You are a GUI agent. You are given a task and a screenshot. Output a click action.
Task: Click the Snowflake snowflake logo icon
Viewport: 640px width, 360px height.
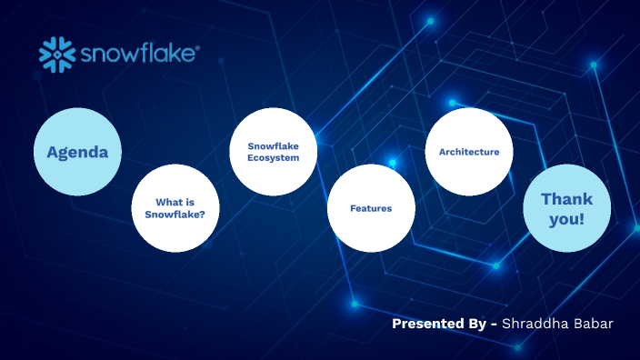[x=56, y=55]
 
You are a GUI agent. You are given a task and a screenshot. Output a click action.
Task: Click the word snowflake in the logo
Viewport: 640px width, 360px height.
[x=136, y=55]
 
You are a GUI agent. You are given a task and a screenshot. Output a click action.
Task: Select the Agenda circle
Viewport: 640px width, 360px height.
[x=77, y=152]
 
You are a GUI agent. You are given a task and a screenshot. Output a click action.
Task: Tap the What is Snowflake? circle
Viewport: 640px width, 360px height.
[x=175, y=208]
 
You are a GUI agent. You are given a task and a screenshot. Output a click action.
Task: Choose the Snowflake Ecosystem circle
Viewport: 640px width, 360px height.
[x=273, y=152]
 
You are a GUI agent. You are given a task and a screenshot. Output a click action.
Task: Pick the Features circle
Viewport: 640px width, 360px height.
[x=371, y=208]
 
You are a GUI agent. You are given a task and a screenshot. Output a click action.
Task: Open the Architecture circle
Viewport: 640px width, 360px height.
[x=469, y=152]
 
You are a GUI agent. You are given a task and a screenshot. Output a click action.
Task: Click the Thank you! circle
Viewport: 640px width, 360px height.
[x=567, y=208]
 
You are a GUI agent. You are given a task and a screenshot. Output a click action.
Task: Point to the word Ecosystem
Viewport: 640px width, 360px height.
[x=273, y=158]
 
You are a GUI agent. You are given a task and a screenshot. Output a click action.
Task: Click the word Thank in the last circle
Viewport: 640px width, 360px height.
[x=566, y=198]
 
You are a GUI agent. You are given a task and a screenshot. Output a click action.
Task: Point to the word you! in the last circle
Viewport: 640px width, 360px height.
[x=567, y=219]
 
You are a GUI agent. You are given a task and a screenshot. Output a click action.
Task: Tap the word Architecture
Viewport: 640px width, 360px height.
[x=469, y=152]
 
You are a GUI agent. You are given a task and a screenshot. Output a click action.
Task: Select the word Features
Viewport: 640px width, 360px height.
[x=371, y=208]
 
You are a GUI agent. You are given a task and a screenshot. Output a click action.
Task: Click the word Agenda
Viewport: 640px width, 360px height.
[x=77, y=152]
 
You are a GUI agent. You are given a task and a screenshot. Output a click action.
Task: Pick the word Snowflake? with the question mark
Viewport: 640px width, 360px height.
[x=175, y=215]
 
